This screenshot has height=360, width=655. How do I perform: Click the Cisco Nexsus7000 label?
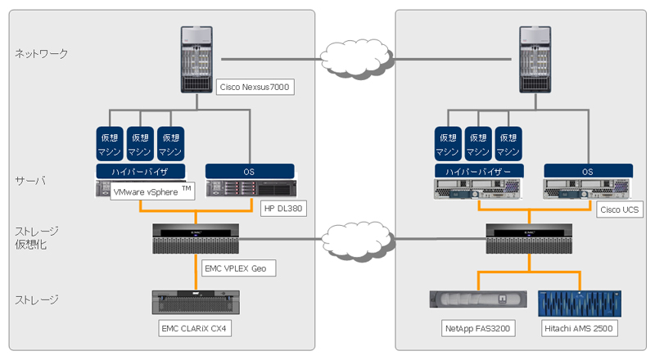254,86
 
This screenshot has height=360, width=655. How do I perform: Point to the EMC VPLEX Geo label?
235,268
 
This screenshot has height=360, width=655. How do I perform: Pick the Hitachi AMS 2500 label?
579,328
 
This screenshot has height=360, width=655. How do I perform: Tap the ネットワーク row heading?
42,54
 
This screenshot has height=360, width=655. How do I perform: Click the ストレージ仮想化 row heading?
37,238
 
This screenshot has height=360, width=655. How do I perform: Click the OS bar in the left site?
249,171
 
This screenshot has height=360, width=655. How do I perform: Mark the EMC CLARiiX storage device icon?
196,302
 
